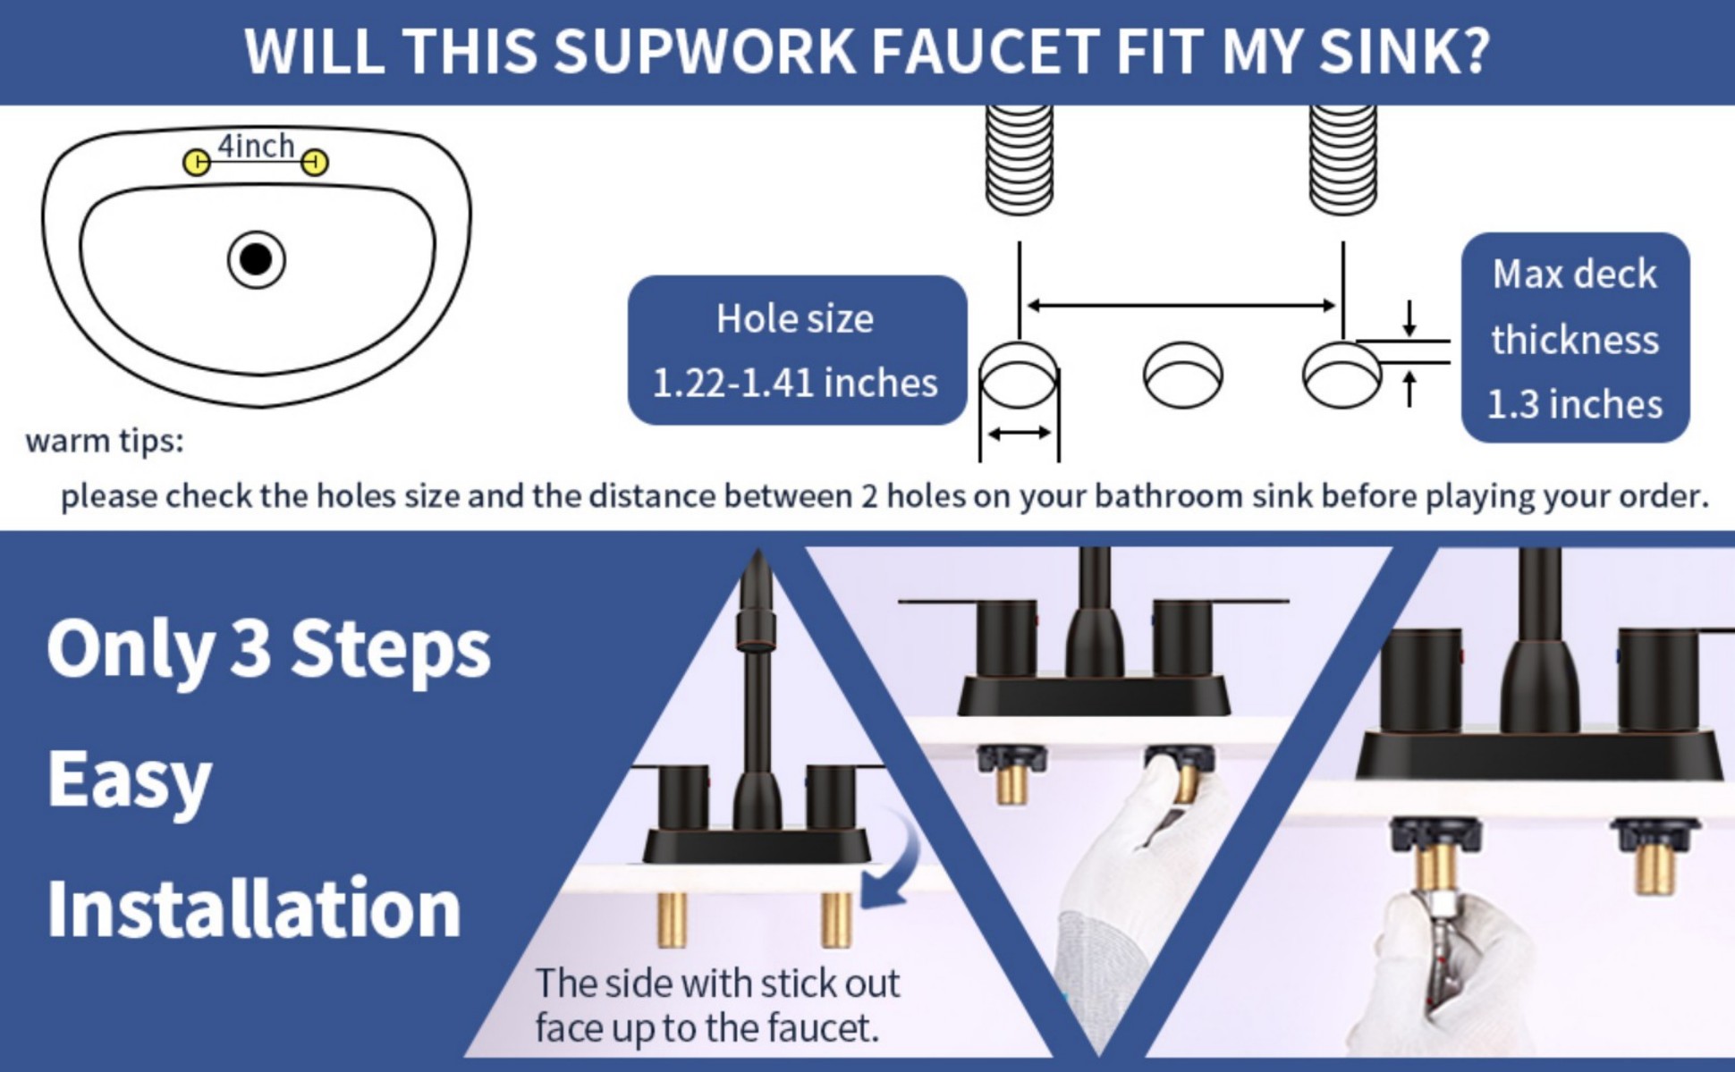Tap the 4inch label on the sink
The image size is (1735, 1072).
pyautogui.click(x=256, y=146)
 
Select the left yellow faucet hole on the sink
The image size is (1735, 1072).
pyautogui.click(x=197, y=163)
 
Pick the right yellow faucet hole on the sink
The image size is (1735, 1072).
pyautogui.click(x=315, y=163)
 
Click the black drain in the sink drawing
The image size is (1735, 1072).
pyautogui.click(x=257, y=260)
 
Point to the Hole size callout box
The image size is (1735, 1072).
pyautogui.click(x=796, y=350)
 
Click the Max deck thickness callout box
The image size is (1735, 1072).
pyautogui.click(x=1575, y=338)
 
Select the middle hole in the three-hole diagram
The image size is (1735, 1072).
pyautogui.click(x=1183, y=376)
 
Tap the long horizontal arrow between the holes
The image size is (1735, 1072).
pyautogui.click(x=1181, y=306)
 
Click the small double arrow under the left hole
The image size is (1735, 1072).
pyautogui.click(x=1020, y=434)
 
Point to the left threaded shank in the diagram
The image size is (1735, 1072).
pyautogui.click(x=1019, y=160)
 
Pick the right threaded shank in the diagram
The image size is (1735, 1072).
pyautogui.click(x=1342, y=160)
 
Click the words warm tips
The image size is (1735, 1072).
pyautogui.click(x=105, y=441)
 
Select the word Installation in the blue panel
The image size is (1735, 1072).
pyautogui.click(x=254, y=908)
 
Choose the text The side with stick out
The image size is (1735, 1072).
pyautogui.click(x=717, y=983)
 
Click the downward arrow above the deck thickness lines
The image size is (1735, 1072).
pyautogui.click(x=1409, y=318)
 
